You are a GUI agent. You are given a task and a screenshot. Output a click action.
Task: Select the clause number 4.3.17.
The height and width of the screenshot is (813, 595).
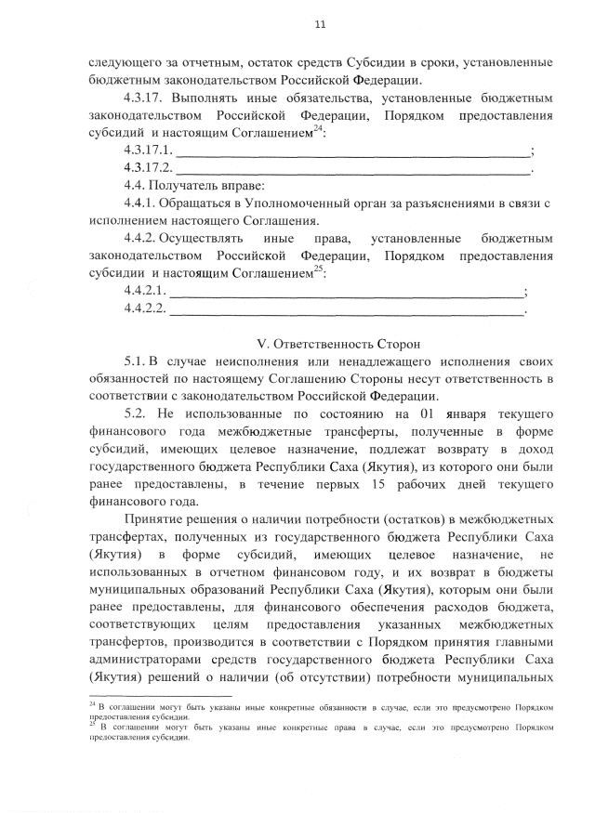144,97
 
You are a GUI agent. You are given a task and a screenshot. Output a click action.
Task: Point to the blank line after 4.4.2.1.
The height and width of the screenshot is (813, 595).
348,292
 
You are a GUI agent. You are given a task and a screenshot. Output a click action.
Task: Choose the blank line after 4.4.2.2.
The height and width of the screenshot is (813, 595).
348,309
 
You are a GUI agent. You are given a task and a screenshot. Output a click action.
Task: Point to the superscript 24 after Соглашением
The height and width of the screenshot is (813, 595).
318,129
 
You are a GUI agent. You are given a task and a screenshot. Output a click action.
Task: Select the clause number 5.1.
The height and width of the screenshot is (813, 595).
135,361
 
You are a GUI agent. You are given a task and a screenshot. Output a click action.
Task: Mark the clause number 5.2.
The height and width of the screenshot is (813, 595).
135,413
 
